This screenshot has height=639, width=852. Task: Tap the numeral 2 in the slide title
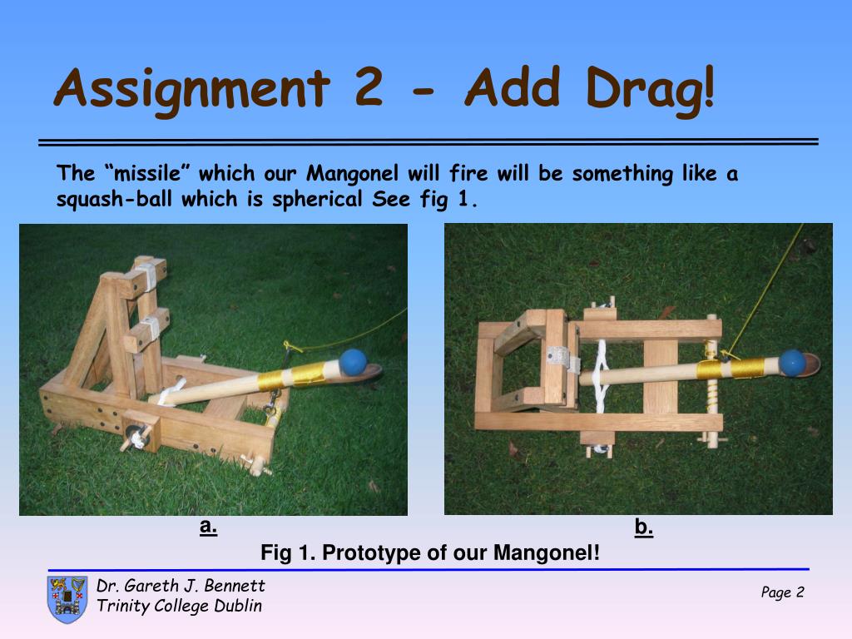click(x=369, y=87)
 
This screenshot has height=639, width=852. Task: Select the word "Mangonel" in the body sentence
click(x=352, y=173)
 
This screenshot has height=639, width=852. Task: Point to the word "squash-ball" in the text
click(x=114, y=199)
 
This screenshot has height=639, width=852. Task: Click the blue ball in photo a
click(x=353, y=362)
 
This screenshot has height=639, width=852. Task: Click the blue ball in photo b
click(x=792, y=363)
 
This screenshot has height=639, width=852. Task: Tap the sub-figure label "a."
click(x=208, y=526)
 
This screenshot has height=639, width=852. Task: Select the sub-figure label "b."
click(x=643, y=527)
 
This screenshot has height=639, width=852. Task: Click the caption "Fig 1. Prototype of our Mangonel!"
click(x=430, y=552)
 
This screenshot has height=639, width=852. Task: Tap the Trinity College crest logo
click(x=67, y=599)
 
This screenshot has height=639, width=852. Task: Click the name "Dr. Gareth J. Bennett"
click(x=181, y=585)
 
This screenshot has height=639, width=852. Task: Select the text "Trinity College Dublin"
click(x=180, y=606)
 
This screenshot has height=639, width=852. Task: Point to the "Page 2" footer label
click(x=782, y=592)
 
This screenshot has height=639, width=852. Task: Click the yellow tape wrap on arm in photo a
click(x=292, y=375)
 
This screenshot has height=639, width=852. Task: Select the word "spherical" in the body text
click(x=317, y=199)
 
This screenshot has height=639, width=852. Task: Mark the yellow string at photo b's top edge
click(x=765, y=289)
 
